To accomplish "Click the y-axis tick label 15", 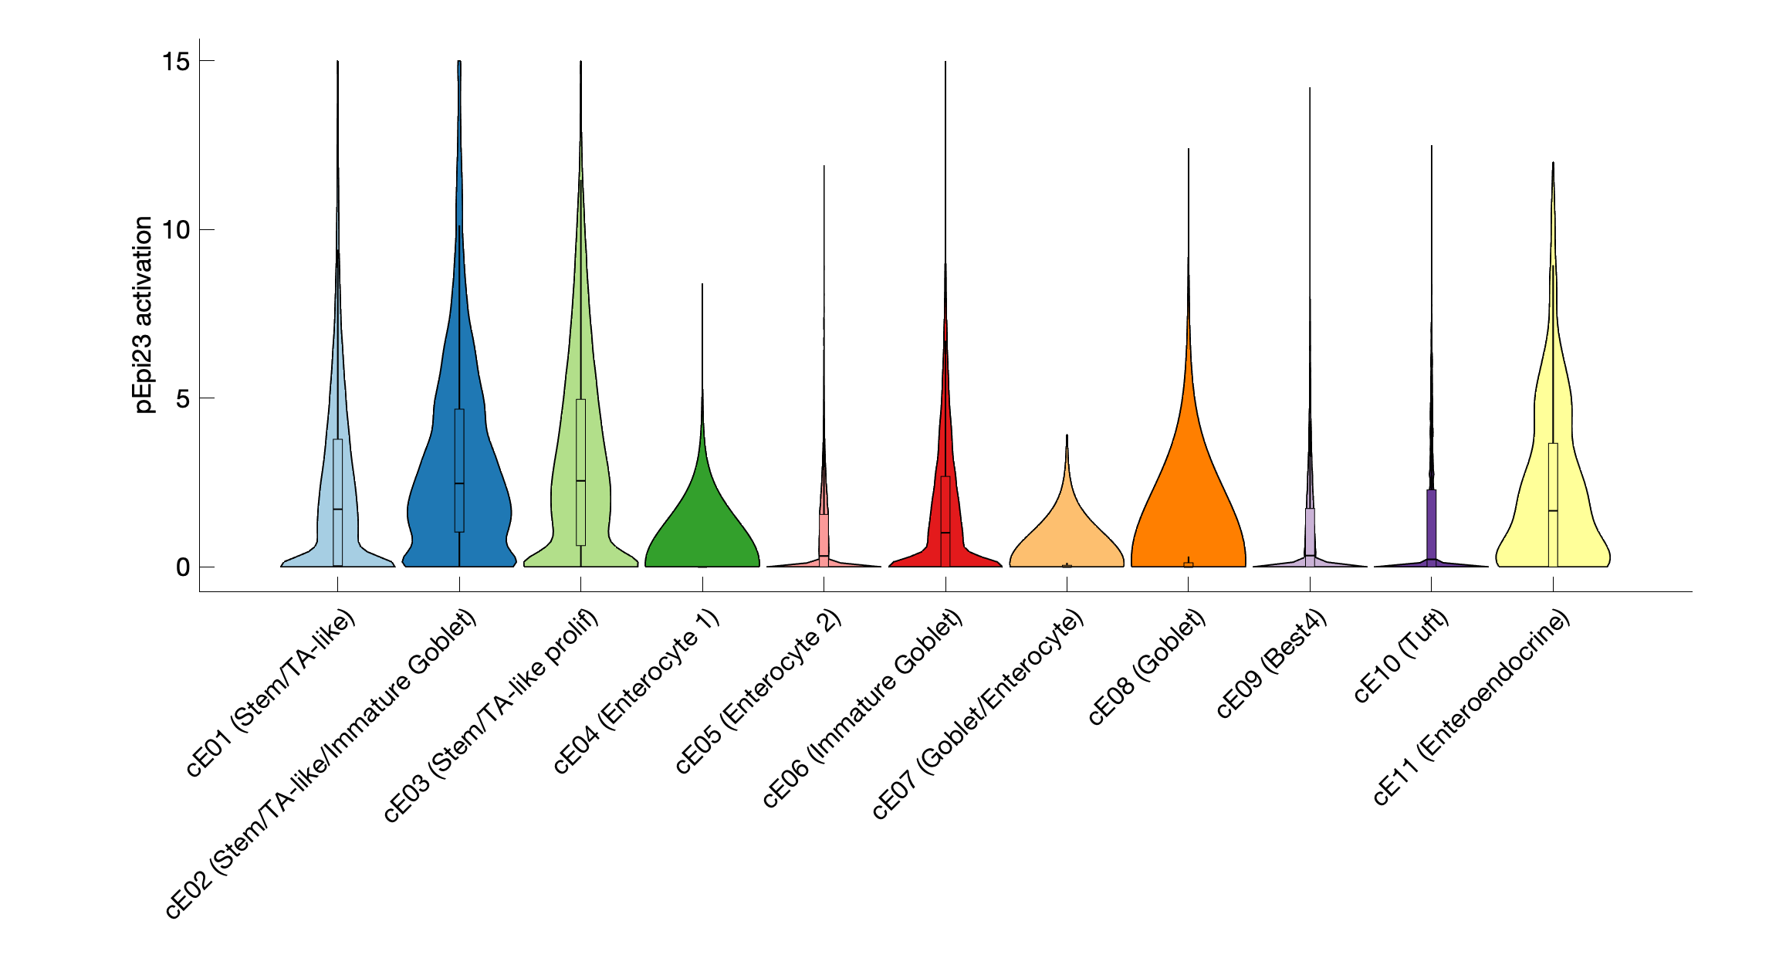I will point(176,61).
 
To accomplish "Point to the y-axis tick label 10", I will point(176,229).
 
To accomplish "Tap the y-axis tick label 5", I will point(182,398).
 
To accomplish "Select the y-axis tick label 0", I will point(182,567).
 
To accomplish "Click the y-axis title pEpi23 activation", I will point(144,314).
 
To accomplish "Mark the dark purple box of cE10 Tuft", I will point(1431,525).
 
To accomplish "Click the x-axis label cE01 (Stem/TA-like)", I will point(271,692).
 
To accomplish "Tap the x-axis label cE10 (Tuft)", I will point(1401,656).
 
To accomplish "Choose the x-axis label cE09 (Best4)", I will point(1271,664).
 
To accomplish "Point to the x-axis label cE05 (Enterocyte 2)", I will point(758,692).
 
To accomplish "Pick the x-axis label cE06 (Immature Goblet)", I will point(862,709).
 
